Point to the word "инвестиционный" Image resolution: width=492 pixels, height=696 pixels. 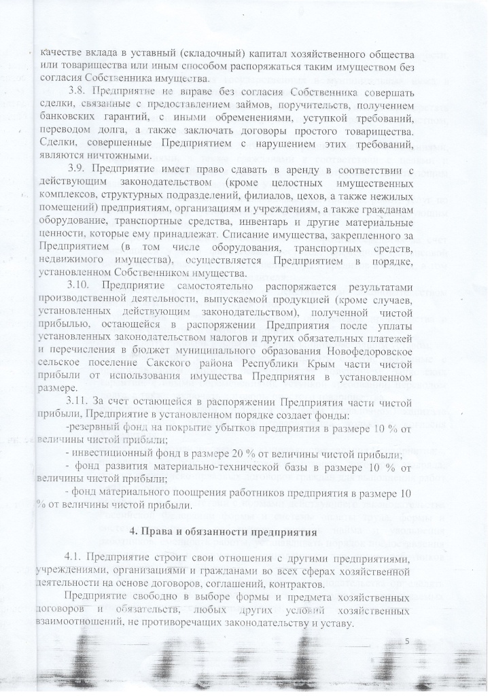[113, 453]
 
